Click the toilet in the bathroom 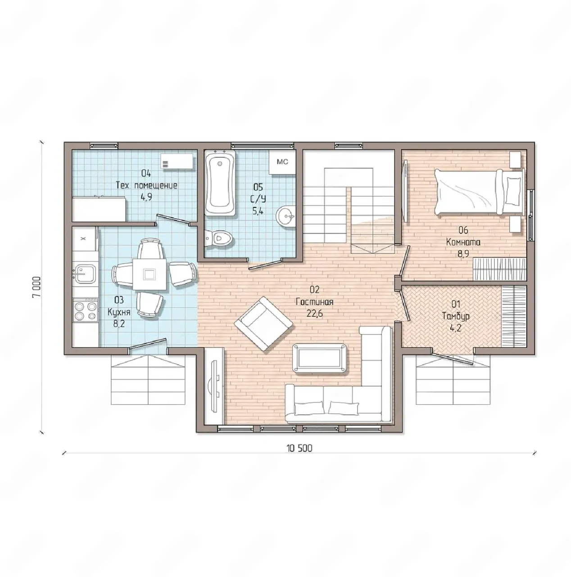coord(218,239)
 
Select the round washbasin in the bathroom coord(286,215)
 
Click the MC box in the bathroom coord(282,162)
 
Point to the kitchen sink coord(85,273)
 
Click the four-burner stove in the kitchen coord(85,311)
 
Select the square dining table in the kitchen coord(150,274)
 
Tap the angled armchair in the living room coord(263,324)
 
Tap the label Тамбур coord(455,316)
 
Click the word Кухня coord(119,312)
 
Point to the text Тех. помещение coord(146,186)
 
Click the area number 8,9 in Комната coord(462,254)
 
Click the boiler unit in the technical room coord(177,162)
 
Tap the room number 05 coord(258,188)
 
